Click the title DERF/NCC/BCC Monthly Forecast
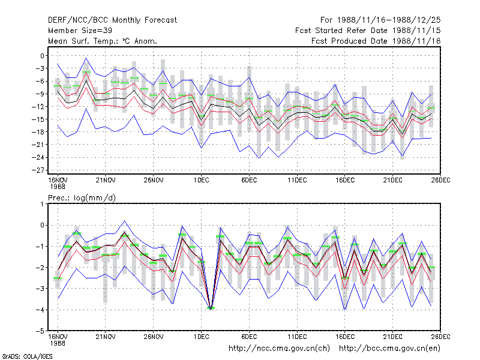click(x=112, y=20)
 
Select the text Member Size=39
click(x=80, y=31)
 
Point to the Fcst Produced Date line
click(x=376, y=41)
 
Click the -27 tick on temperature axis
click(x=40, y=170)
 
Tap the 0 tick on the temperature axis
click(x=42, y=56)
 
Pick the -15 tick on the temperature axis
click(x=40, y=119)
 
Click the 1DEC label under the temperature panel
click(x=201, y=180)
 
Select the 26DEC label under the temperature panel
click(x=440, y=180)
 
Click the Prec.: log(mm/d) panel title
click(x=82, y=198)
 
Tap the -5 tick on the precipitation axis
click(x=42, y=331)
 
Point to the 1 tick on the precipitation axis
click(x=43, y=204)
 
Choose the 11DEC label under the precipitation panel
click(x=297, y=337)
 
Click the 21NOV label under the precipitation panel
click(x=106, y=337)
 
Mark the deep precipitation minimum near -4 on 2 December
click(x=211, y=308)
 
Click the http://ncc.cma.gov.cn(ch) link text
click(x=279, y=349)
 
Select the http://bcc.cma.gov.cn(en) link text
click(x=389, y=349)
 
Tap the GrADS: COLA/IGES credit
click(x=27, y=356)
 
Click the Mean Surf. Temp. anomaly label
click(x=103, y=41)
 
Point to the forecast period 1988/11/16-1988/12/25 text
click(x=380, y=20)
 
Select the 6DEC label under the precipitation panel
click(x=249, y=337)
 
